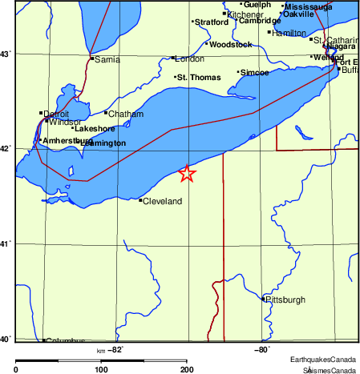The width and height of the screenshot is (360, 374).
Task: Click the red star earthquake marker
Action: coord(187,173)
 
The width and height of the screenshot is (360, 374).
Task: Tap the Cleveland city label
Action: coord(162,202)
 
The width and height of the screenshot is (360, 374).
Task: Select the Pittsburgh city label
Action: coord(286,300)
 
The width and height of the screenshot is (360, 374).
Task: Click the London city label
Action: coord(190,59)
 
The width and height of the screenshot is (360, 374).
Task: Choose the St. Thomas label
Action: coord(197,78)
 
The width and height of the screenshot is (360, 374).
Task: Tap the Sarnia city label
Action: coord(107,60)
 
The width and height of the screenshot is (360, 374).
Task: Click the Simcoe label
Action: coord(255,73)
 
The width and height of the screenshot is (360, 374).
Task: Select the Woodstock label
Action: coord(231,44)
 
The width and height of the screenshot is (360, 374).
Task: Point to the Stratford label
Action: coord(212,22)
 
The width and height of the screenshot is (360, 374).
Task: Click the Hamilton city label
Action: coord(289,34)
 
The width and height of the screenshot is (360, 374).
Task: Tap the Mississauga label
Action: coord(309,6)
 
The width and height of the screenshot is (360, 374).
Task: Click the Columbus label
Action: coord(65,341)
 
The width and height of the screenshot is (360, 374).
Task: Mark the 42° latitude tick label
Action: coord(6,148)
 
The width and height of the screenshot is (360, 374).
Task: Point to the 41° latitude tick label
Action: coord(6,243)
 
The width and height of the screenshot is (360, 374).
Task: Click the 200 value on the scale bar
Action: coord(186,369)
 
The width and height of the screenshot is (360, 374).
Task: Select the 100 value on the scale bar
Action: coord(101,369)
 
